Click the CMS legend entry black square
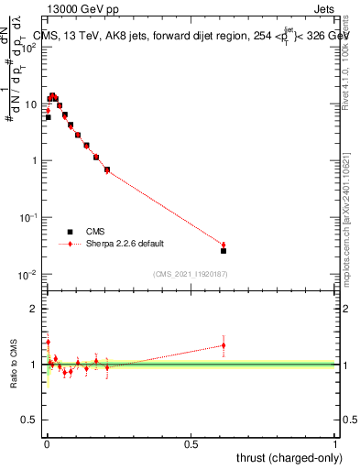(x=68, y=232)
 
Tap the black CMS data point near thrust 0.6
(x=224, y=250)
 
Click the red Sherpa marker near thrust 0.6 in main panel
(x=224, y=245)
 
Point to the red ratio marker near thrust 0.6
(x=224, y=345)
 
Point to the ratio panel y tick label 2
(x=34, y=309)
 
